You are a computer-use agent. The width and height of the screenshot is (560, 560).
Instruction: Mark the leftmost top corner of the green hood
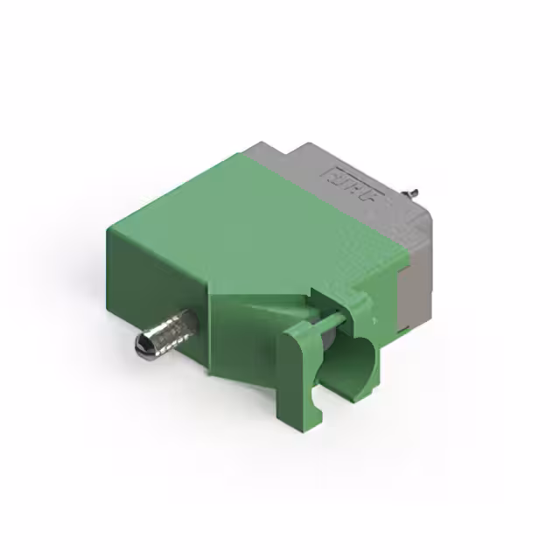[x=108, y=229]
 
